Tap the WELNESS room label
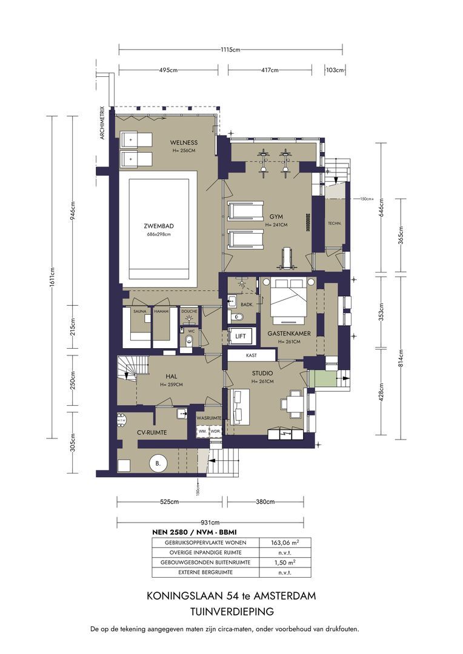pos(182,142)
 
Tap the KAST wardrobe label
pos(251,356)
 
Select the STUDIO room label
pos(262,374)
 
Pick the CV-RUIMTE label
pos(152,432)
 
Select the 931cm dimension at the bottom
pos(209,523)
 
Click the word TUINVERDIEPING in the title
pos(231,612)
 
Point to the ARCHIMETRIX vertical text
pos(102,124)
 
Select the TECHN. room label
pos(334,223)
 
